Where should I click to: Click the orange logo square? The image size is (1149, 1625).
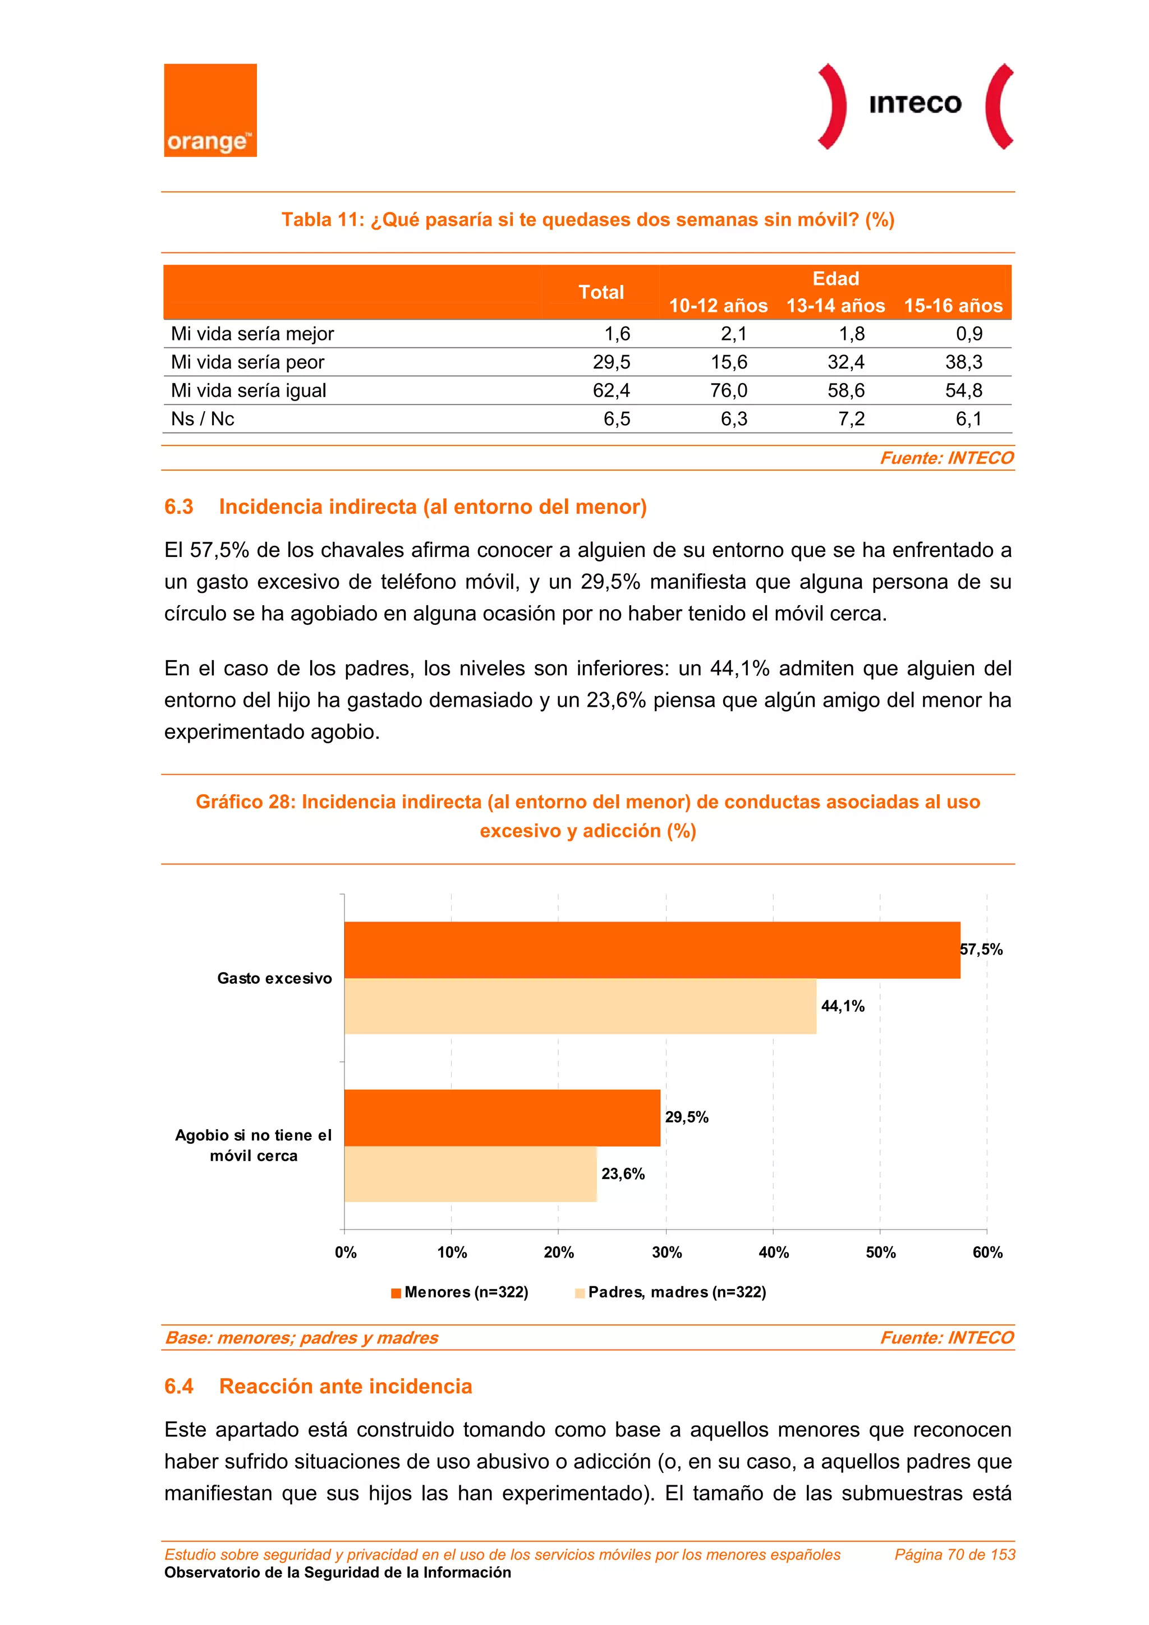210,111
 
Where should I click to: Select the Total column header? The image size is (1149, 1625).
601,292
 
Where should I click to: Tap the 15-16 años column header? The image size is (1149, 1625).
953,306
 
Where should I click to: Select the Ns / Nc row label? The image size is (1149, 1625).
203,419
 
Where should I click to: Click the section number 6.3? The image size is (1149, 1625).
178,507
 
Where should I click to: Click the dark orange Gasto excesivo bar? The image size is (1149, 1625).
651,950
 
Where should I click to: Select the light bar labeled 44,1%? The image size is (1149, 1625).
581,1006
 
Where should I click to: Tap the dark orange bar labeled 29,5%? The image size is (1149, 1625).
503,1117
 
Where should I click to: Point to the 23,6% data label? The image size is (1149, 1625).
623,1173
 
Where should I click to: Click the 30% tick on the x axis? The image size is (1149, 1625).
666,1252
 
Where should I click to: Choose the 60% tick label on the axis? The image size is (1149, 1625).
987,1252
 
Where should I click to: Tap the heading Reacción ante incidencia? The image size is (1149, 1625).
346,1386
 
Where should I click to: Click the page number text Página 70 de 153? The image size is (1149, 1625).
954,1554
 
